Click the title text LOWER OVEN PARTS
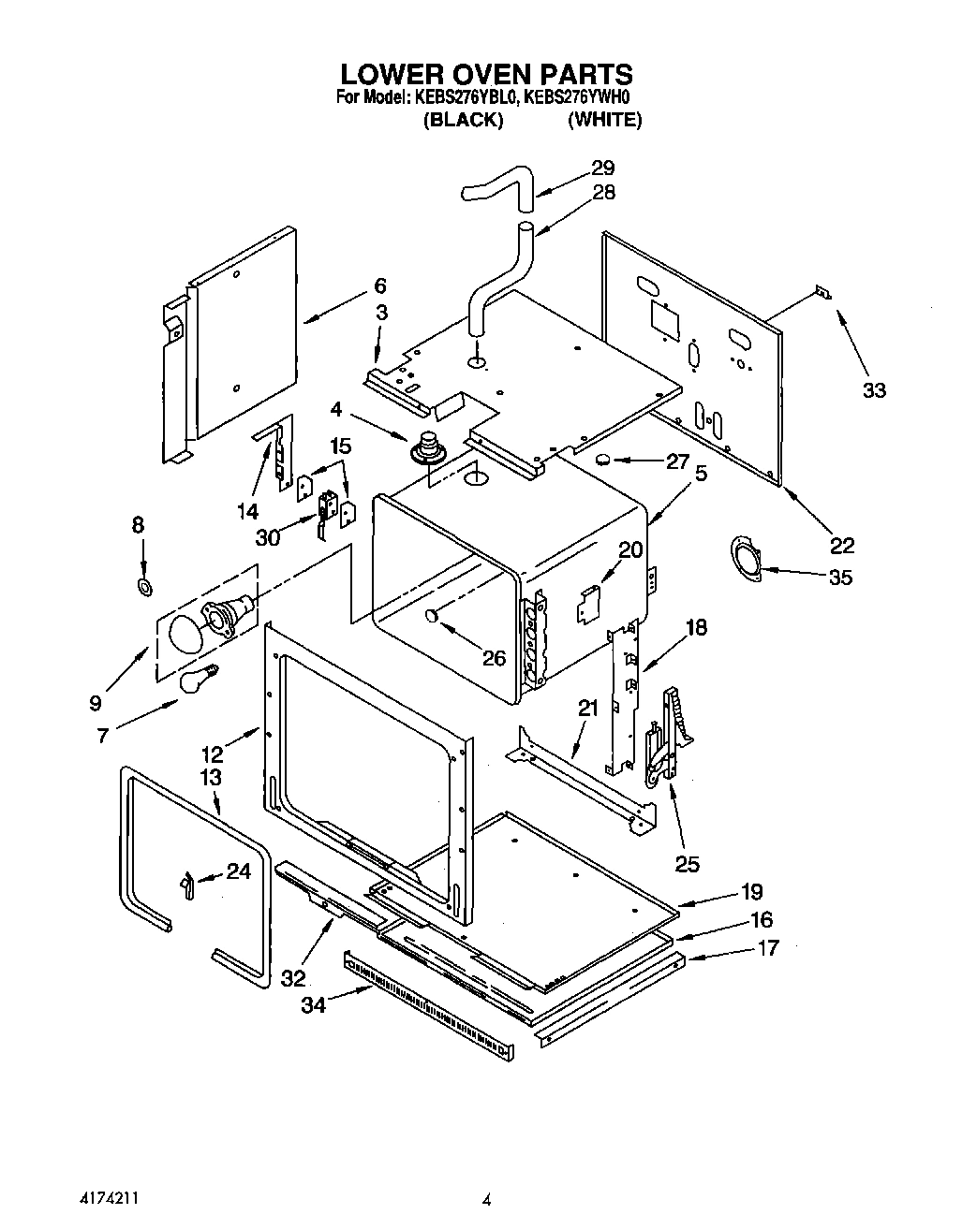[x=485, y=74]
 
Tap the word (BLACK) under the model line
[x=464, y=121]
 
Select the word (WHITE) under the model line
[x=604, y=121]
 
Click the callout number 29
[x=602, y=168]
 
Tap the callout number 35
[x=840, y=578]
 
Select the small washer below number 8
[x=144, y=588]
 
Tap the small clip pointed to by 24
[x=187, y=883]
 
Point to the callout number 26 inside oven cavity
[x=494, y=658]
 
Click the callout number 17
[x=767, y=948]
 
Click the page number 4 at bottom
[x=486, y=1199]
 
